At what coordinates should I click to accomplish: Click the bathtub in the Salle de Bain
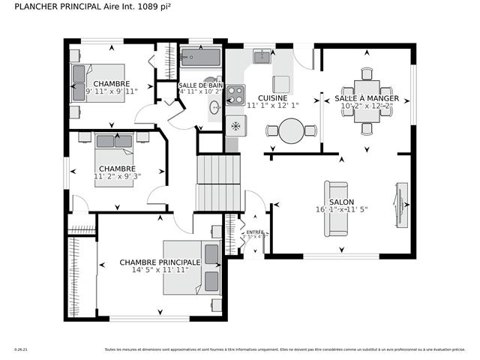pyautogui.click(x=200, y=58)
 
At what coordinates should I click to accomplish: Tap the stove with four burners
pyautogui.click(x=235, y=94)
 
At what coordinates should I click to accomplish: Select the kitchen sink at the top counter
pyautogui.click(x=262, y=57)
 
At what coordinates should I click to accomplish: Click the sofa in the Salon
pyautogui.click(x=336, y=208)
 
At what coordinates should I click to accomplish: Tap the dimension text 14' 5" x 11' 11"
pyautogui.click(x=159, y=270)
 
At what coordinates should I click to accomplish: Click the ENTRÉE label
pyautogui.click(x=255, y=232)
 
